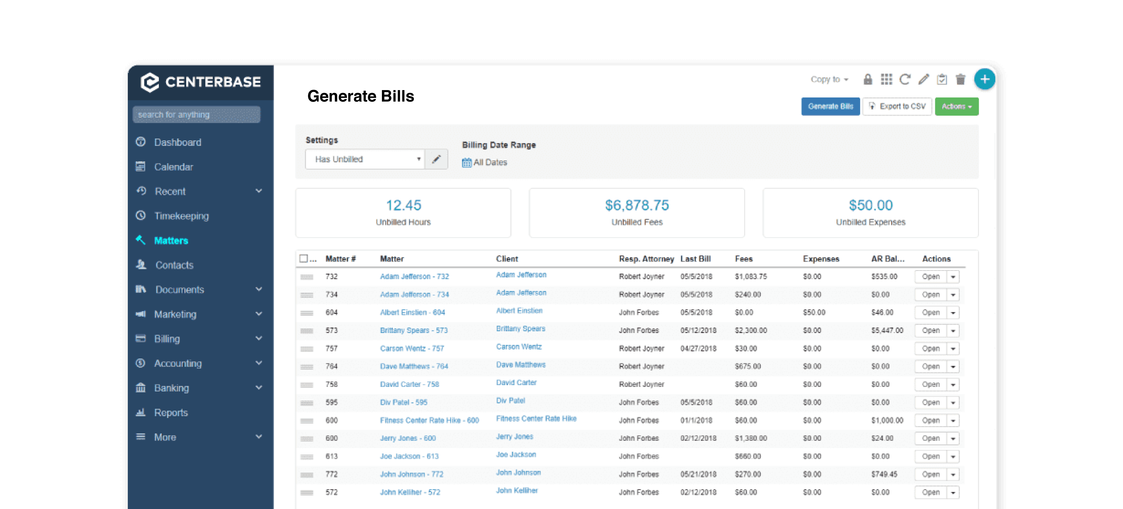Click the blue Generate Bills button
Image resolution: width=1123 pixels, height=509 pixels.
coord(830,106)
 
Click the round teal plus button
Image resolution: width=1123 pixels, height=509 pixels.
coord(984,79)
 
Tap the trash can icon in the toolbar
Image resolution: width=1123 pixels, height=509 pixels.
coord(960,79)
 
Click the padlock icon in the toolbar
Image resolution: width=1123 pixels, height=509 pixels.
coord(868,79)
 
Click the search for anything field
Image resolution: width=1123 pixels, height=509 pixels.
coord(196,115)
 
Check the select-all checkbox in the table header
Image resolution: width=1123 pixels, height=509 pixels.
coord(303,258)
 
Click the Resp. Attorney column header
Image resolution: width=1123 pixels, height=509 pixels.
coord(646,259)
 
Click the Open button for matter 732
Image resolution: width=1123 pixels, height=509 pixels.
coord(930,277)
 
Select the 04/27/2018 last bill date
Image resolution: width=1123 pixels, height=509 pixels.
coord(698,349)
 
